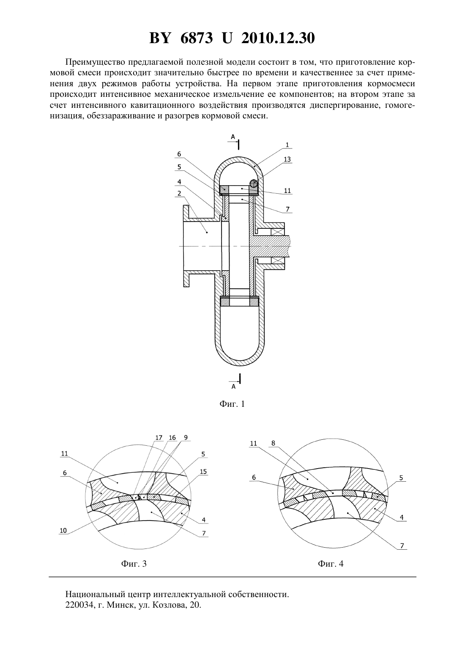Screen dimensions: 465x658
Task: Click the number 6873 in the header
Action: coord(197,38)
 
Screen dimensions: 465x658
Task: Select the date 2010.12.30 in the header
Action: coord(278,38)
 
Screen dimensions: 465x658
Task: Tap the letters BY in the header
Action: coord(160,38)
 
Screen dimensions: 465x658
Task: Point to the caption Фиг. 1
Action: coord(232,403)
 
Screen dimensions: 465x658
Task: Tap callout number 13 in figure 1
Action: coord(287,159)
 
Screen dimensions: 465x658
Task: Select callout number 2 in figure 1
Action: coord(179,193)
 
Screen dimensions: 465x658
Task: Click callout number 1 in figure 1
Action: coord(287,145)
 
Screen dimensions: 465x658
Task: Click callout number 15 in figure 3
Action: coord(203,472)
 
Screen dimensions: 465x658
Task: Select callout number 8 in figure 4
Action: coord(274,443)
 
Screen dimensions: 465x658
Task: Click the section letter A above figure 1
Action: coord(233,137)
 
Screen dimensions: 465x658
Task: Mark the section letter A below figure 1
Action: coord(233,387)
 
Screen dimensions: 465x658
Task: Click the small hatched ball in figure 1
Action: coord(254,183)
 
